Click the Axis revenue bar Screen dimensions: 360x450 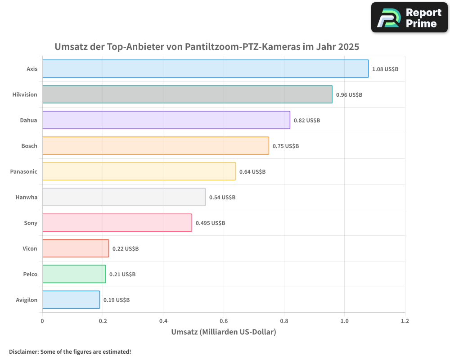(x=205, y=69)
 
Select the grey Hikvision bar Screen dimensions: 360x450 (x=187, y=94)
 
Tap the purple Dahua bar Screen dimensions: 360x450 (x=166, y=120)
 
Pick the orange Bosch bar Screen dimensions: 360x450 (x=155, y=146)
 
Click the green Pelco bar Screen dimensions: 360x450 (x=74, y=274)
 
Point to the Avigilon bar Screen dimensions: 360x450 (x=71, y=300)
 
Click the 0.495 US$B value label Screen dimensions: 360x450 (x=210, y=223)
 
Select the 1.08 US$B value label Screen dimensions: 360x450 (x=385, y=69)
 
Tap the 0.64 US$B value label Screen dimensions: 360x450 (x=252, y=172)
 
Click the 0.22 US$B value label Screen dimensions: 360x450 (x=125, y=249)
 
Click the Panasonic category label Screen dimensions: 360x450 (x=24, y=171)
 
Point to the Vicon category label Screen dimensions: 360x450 (x=30, y=248)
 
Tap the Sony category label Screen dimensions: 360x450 (x=31, y=223)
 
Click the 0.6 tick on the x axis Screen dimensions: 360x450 (x=224, y=321)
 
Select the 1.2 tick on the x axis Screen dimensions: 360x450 (x=405, y=321)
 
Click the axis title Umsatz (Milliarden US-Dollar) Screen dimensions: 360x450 (x=223, y=332)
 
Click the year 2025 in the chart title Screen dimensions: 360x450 (x=349, y=46)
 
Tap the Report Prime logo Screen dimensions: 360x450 (x=409, y=18)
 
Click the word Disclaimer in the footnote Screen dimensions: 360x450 (x=23, y=351)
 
